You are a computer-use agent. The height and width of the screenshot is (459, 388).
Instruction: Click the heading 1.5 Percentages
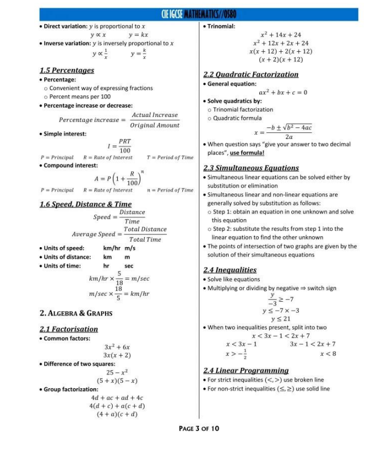66,70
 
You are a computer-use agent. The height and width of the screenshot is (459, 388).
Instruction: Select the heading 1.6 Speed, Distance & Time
85,204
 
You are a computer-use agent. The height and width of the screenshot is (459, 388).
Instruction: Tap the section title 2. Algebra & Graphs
76,313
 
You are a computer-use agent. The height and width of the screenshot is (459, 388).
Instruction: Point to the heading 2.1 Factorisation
69,329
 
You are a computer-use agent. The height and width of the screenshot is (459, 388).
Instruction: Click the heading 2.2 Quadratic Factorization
250,74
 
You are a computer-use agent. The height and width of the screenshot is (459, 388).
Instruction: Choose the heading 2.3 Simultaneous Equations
251,168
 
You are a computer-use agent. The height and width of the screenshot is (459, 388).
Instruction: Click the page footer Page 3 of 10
199,428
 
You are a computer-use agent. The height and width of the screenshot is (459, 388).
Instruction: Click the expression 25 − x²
117,372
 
